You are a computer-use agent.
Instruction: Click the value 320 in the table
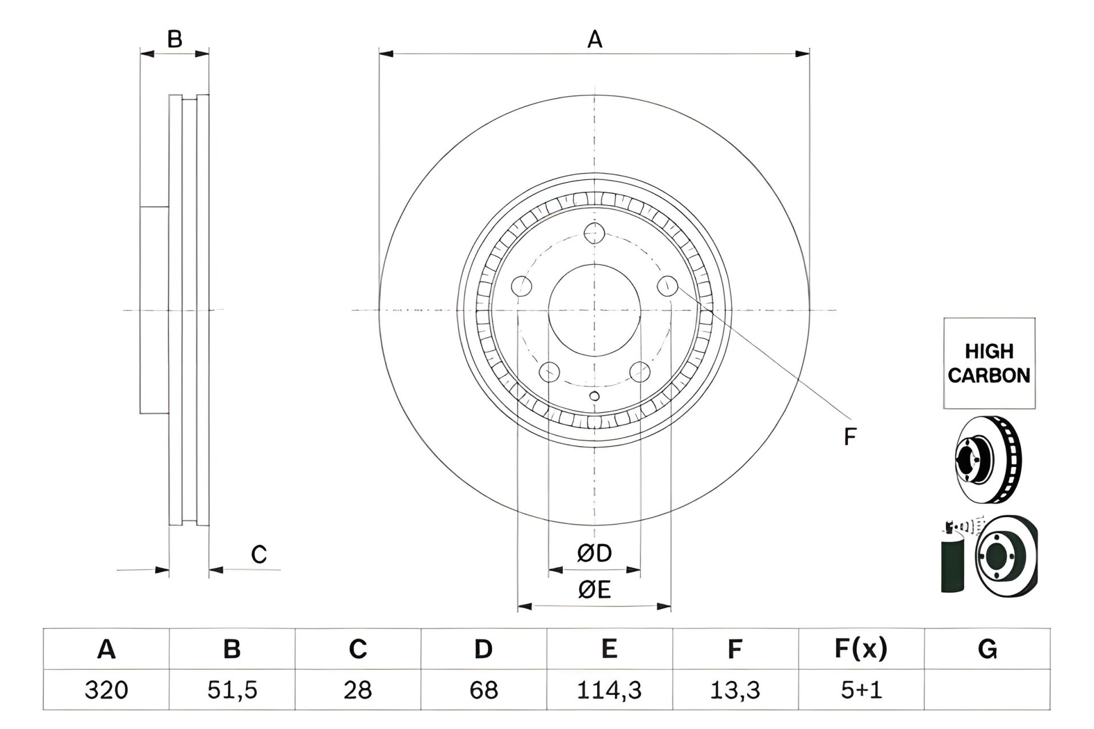(106, 690)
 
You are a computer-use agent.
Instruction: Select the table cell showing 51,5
(232, 690)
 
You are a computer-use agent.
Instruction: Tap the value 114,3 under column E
(609, 690)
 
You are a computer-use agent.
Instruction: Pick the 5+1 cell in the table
(861, 690)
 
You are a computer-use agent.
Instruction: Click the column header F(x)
(861, 649)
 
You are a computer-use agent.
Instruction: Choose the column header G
(987, 649)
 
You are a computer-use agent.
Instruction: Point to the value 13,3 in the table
(735, 690)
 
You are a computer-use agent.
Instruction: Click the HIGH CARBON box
(989, 363)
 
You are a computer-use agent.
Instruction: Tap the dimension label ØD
(594, 552)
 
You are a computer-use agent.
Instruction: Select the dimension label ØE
(594, 589)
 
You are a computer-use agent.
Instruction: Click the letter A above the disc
(594, 40)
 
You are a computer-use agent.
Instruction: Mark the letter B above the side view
(174, 39)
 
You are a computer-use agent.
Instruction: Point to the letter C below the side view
(259, 554)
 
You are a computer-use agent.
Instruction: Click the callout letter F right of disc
(850, 437)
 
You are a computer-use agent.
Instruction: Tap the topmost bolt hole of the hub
(594, 233)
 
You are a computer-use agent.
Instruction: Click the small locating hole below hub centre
(594, 396)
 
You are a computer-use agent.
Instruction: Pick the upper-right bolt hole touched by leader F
(667, 286)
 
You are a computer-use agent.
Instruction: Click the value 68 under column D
(483, 690)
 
